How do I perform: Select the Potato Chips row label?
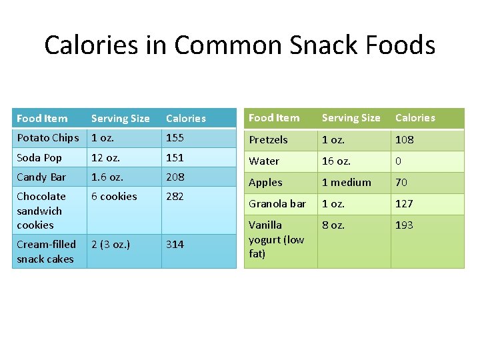[x=47, y=138]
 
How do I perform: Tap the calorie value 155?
[x=175, y=138]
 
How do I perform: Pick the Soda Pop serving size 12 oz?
[x=105, y=157]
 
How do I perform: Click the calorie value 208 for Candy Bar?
[x=175, y=177]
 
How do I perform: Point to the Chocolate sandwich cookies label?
[x=41, y=211]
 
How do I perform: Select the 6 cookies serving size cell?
[x=114, y=196]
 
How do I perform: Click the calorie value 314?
[x=175, y=244]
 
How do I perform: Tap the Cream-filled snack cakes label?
[x=46, y=251]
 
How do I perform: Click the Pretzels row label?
[x=268, y=139]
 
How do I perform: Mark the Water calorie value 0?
[x=399, y=161]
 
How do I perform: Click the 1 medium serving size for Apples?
[x=347, y=182]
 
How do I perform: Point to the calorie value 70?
[x=401, y=182]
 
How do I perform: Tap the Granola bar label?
[x=277, y=203]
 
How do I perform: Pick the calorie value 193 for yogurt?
[x=404, y=225]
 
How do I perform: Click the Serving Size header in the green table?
[x=351, y=118]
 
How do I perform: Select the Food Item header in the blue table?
[x=42, y=119]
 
